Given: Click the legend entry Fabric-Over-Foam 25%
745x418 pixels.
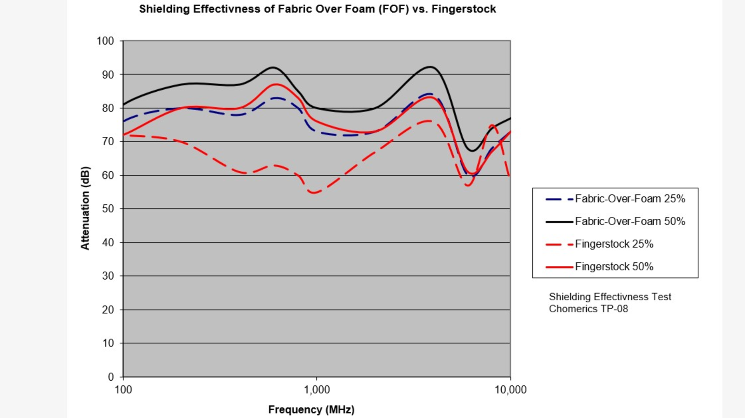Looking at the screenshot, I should [630, 199].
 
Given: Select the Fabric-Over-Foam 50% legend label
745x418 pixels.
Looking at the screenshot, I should [630, 221].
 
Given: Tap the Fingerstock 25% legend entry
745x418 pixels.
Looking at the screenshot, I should [614, 244].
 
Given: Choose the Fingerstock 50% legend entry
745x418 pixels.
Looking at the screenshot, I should [614, 266].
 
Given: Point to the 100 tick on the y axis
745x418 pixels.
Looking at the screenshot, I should [105, 41].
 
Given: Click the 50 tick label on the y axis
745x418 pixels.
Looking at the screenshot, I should [108, 209].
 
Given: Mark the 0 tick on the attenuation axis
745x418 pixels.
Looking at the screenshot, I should [111, 376].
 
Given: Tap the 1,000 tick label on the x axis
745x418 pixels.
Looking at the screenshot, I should [317, 390].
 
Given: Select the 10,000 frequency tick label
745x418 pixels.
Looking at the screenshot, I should [510, 390].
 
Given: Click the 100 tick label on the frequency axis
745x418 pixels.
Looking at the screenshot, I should [123, 390].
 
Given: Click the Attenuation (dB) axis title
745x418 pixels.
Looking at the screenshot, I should [85, 208].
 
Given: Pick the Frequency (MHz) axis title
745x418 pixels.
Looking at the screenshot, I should [311, 409].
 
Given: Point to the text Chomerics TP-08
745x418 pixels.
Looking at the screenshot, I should [588, 309].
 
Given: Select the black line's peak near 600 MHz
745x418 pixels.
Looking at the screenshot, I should [273, 67].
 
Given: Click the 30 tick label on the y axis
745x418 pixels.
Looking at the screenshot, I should [108, 276].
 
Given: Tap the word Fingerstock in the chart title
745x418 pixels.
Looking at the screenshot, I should [464, 9].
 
